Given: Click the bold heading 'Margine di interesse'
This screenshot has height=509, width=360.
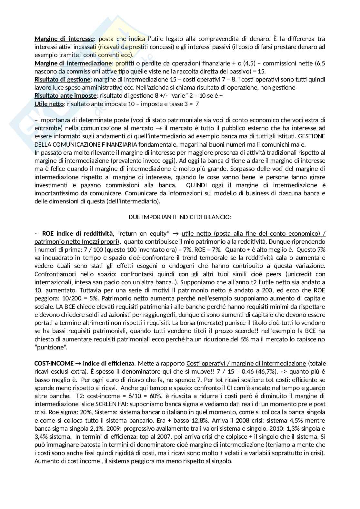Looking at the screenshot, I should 64,39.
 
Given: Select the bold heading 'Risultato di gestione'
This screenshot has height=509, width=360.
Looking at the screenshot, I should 62,79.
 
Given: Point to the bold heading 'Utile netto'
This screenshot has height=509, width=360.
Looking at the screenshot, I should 49,104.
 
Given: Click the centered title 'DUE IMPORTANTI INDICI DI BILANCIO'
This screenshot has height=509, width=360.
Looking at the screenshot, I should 180,217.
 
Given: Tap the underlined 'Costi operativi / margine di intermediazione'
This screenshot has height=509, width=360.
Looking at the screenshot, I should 246,363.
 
